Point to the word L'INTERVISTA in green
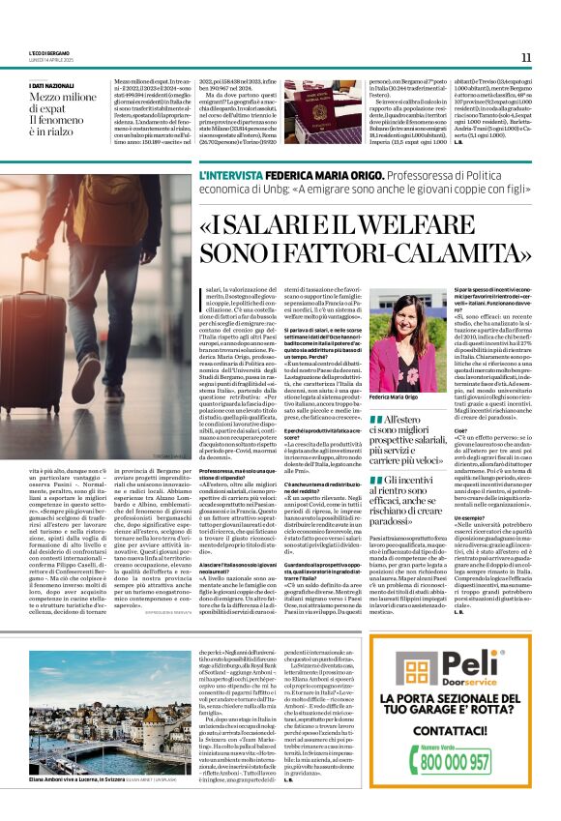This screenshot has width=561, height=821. pos(226,176)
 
